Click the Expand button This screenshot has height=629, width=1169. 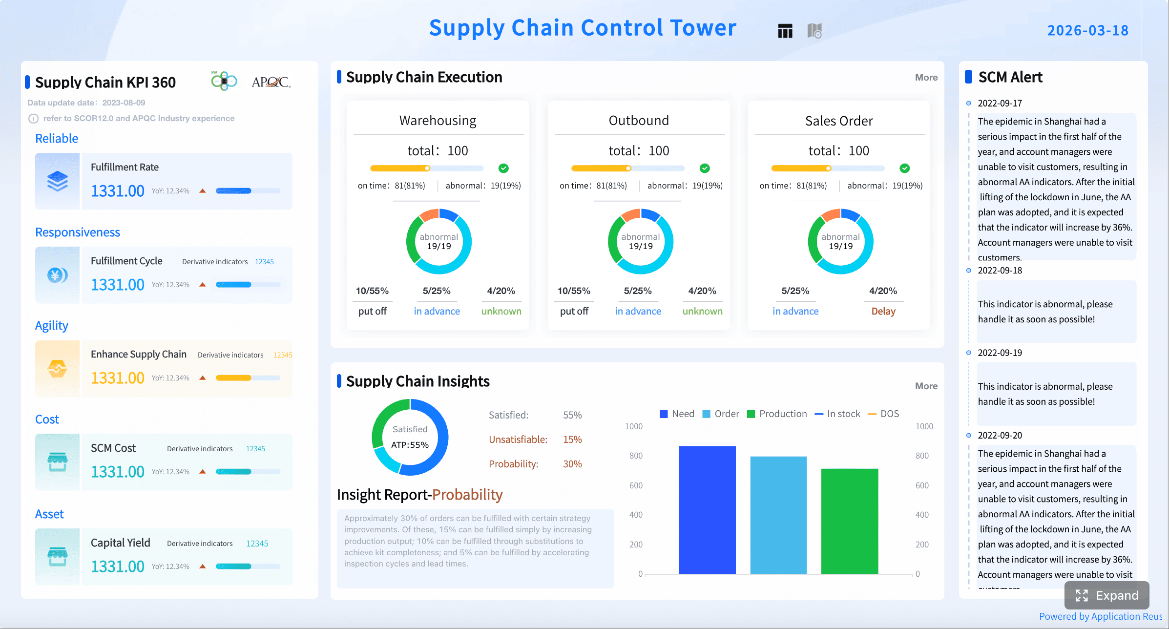tap(1106, 595)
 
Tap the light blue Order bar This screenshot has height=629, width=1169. tap(778, 515)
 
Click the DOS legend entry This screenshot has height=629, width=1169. tap(883, 414)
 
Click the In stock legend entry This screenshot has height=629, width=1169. tap(837, 414)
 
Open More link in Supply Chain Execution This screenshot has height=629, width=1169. tap(926, 77)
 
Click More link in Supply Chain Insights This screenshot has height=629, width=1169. tap(926, 386)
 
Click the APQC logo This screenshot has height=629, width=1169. tap(271, 82)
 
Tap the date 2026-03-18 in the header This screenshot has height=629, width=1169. tap(1087, 30)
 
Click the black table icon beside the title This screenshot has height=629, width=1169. tap(785, 31)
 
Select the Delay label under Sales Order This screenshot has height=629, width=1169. tap(883, 311)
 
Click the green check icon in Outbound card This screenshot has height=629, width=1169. tap(704, 168)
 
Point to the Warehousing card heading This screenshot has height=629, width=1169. tap(438, 121)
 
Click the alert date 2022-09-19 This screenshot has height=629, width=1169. tap(1000, 353)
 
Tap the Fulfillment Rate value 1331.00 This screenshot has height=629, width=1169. tap(118, 190)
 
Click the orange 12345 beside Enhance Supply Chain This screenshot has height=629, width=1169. tap(283, 355)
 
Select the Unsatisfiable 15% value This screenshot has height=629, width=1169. tap(572, 440)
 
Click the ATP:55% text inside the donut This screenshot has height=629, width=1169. tap(410, 445)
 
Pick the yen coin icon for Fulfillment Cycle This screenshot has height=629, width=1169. tap(57, 275)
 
